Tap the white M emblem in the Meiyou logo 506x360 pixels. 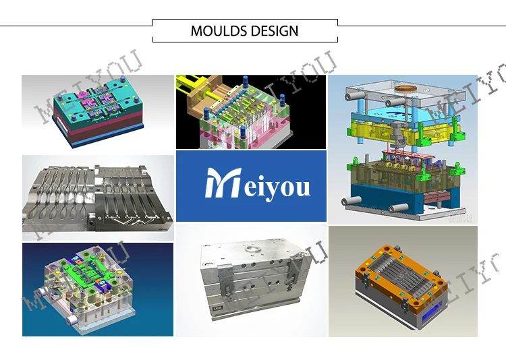point(223,183)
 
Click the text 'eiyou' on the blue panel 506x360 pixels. point(277,189)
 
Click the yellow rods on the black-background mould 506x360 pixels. point(191,86)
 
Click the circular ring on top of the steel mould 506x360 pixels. point(252,249)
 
